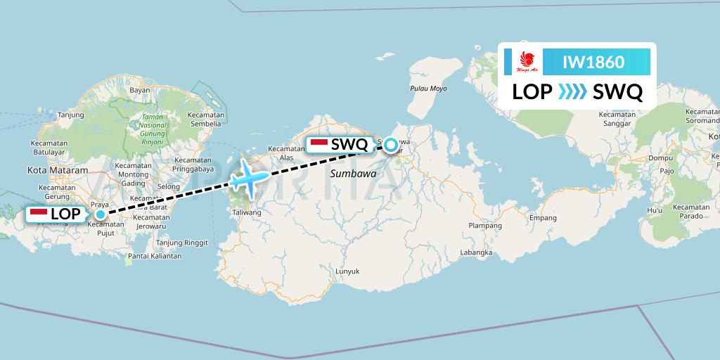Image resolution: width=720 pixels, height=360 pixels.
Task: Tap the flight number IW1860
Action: (593, 62)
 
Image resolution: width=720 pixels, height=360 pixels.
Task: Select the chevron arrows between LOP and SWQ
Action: (572, 92)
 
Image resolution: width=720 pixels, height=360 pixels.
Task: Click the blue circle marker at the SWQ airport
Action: (391, 146)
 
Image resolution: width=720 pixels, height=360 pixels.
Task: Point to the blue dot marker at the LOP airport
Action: (101, 214)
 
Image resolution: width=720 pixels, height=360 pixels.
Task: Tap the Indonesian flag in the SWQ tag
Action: (319, 144)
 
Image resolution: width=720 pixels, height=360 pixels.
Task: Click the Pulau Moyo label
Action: (428, 89)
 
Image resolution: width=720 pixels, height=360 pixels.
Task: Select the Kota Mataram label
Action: (57, 170)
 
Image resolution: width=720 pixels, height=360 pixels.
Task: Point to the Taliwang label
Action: (247, 212)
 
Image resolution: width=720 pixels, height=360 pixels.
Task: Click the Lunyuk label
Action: (347, 271)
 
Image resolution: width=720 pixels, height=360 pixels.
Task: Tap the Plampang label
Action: (486, 226)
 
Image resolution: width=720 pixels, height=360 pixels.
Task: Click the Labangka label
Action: (475, 252)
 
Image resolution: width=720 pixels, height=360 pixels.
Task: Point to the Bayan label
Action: (140, 90)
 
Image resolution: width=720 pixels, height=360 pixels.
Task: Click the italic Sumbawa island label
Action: (352, 173)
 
